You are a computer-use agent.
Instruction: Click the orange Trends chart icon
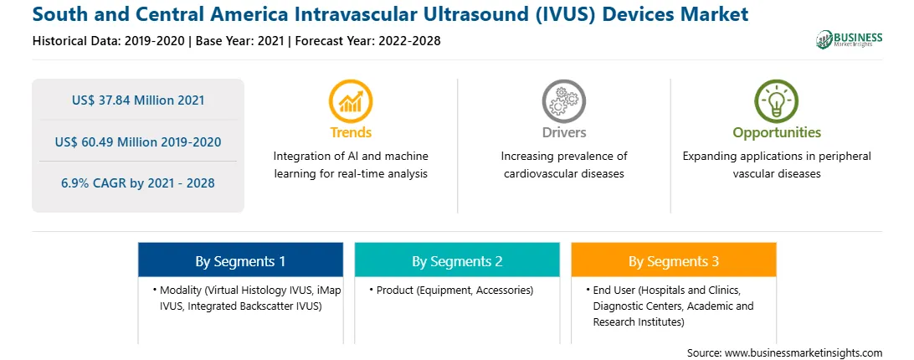tap(351, 101)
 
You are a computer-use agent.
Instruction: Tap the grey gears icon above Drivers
tap(563, 101)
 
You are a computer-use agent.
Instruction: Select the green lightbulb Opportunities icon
tap(777, 101)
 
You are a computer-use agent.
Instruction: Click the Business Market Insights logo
tap(849, 39)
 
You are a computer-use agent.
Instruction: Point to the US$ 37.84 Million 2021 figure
tap(138, 100)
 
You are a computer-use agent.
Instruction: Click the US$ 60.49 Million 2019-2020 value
tap(138, 141)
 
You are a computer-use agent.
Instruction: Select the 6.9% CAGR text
tap(138, 183)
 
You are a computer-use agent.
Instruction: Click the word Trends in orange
tap(351, 132)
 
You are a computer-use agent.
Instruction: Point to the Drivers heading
tap(564, 132)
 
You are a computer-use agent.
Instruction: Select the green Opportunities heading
tap(777, 133)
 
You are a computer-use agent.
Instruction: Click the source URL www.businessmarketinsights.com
tap(804, 352)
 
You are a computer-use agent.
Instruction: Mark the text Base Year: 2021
tap(239, 41)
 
